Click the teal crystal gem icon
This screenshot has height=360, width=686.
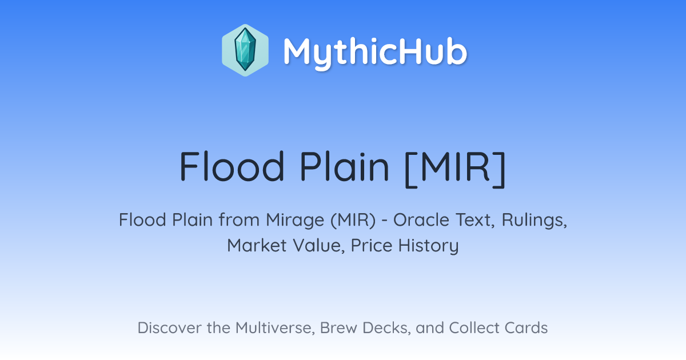click(x=245, y=50)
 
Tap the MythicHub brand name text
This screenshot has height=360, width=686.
click(x=375, y=52)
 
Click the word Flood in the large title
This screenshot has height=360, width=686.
click(x=232, y=166)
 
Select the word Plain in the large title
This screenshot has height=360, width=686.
click(x=344, y=166)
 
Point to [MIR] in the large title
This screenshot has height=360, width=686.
click(x=455, y=169)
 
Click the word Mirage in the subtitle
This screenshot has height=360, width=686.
click(x=295, y=221)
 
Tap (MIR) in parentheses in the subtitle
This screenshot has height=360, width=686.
click(x=353, y=221)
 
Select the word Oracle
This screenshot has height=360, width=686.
click(x=421, y=220)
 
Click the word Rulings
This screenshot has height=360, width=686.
click(x=535, y=221)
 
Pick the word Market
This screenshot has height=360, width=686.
click(x=257, y=246)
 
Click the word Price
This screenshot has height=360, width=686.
click(x=372, y=246)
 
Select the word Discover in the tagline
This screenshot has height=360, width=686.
click(x=170, y=328)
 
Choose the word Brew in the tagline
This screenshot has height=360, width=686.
click(x=338, y=328)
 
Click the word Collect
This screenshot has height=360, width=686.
click(x=474, y=328)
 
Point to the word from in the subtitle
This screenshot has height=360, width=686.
click(x=239, y=220)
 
